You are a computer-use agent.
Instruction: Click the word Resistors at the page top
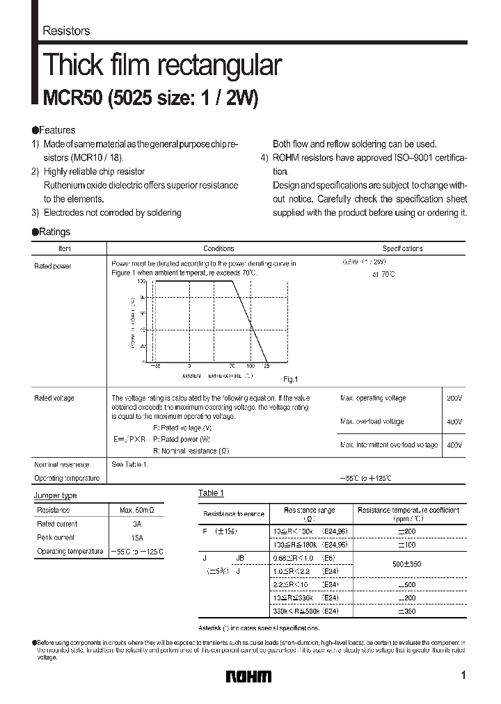click(x=66, y=31)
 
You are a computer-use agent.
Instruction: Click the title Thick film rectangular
click(x=162, y=65)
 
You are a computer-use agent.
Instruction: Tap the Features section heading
click(x=56, y=130)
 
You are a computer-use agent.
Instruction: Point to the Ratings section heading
click(x=54, y=232)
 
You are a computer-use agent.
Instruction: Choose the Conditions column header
click(x=218, y=248)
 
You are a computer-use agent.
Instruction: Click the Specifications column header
click(x=402, y=248)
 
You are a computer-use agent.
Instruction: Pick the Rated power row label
click(x=53, y=266)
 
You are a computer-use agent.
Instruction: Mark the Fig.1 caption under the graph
click(x=290, y=379)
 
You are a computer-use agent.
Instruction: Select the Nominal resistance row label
click(x=62, y=464)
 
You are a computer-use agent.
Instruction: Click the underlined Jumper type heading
click(x=56, y=495)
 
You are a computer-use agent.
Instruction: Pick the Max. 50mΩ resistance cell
click(x=136, y=510)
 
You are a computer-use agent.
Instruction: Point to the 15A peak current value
click(x=136, y=537)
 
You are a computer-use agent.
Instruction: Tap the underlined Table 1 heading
click(x=211, y=493)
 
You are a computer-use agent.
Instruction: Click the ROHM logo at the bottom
click(x=248, y=676)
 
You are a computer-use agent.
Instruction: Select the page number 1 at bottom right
click(x=463, y=675)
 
